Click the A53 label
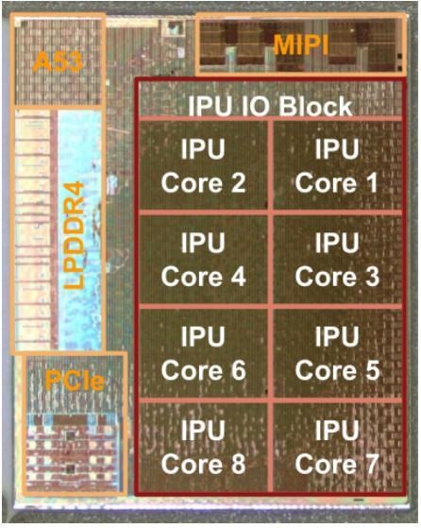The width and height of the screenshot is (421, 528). pyautogui.click(x=58, y=62)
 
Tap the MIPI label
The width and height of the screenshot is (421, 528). pyautogui.click(x=300, y=44)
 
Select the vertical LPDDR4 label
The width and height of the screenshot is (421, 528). pyautogui.click(x=74, y=235)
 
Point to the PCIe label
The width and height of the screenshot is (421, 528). pyautogui.click(x=75, y=381)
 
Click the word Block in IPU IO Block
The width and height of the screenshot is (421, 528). pyautogui.click(x=315, y=107)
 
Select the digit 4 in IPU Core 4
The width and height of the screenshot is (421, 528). pyautogui.click(x=237, y=277)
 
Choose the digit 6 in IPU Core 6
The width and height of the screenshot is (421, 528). pyautogui.click(x=237, y=371)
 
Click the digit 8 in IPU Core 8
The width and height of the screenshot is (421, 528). pyautogui.click(x=237, y=465)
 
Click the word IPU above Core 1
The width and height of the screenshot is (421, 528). pyautogui.click(x=337, y=149)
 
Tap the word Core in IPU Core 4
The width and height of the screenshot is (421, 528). pyautogui.click(x=192, y=277)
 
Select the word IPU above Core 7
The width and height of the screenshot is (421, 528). pyautogui.click(x=337, y=430)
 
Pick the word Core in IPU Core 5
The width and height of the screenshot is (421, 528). pyautogui.click(x=326, y=371)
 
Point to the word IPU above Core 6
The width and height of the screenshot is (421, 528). pyautogui.click(x=203, y=336)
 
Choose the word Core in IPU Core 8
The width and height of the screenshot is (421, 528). pyautogui.click(x=192, y=465)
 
